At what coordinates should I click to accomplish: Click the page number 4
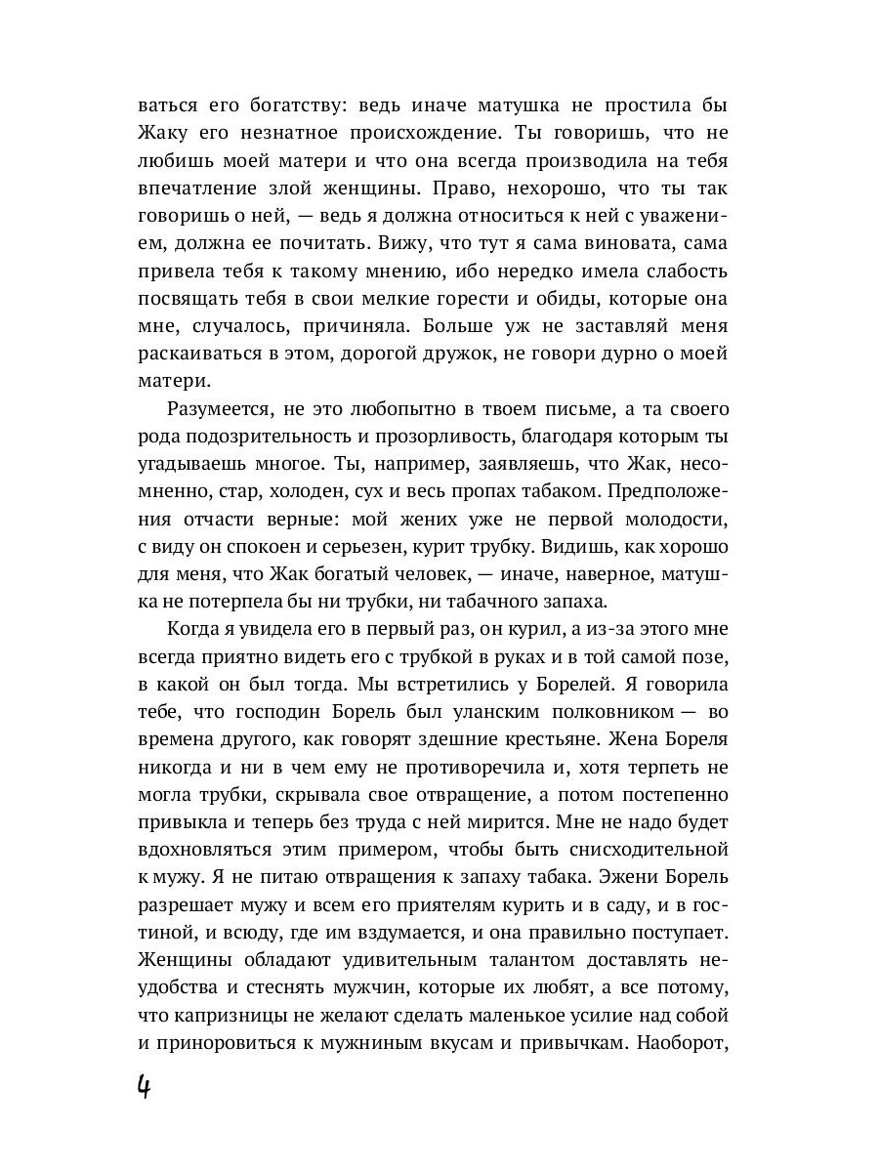[x=144, y=1087]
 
